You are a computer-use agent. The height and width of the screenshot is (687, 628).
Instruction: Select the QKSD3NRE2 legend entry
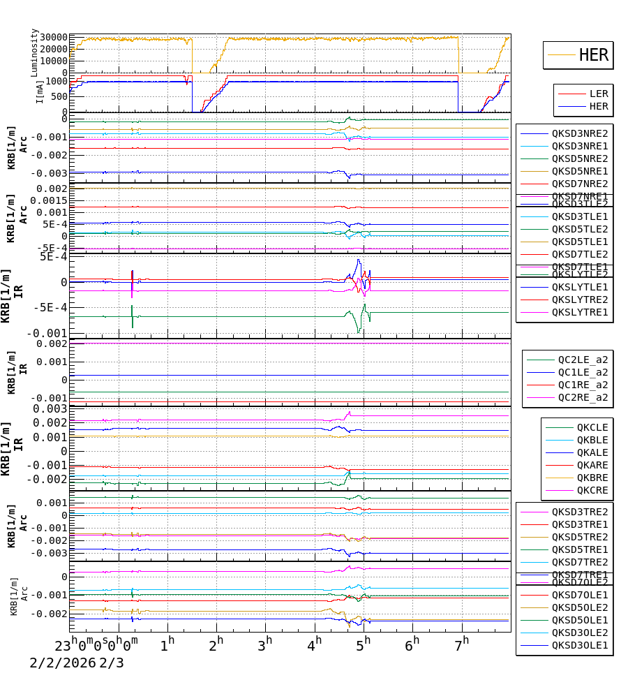coord(580,133)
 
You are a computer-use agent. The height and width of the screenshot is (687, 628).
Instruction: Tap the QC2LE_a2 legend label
coord(583,360)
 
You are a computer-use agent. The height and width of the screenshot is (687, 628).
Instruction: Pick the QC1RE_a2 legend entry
coord(583,385)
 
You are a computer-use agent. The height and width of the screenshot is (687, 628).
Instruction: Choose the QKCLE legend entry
coord(592,427)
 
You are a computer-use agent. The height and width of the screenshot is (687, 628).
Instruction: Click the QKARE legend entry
coord(592,465)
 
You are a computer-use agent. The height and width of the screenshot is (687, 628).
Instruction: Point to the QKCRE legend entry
coord(592,490)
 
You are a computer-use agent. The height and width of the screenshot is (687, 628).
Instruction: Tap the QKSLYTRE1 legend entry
coord(580,312)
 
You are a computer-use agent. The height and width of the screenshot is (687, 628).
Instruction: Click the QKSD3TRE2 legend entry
coord(580,512)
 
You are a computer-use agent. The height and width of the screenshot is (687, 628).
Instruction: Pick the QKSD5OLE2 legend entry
coord(580,607)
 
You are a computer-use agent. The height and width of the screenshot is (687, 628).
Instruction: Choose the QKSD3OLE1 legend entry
coord(580,646)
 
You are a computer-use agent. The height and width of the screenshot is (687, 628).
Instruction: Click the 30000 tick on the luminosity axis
coord(53,38)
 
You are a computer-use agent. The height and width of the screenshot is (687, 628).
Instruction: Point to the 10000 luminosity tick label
coord(53,61)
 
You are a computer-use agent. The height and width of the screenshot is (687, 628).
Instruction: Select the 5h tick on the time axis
coord(364,642)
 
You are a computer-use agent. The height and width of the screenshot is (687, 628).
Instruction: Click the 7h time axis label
coord(462,642)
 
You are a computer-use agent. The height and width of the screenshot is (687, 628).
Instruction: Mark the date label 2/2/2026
coord(62,663)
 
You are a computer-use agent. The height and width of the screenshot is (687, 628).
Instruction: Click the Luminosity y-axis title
coord(34,52)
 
